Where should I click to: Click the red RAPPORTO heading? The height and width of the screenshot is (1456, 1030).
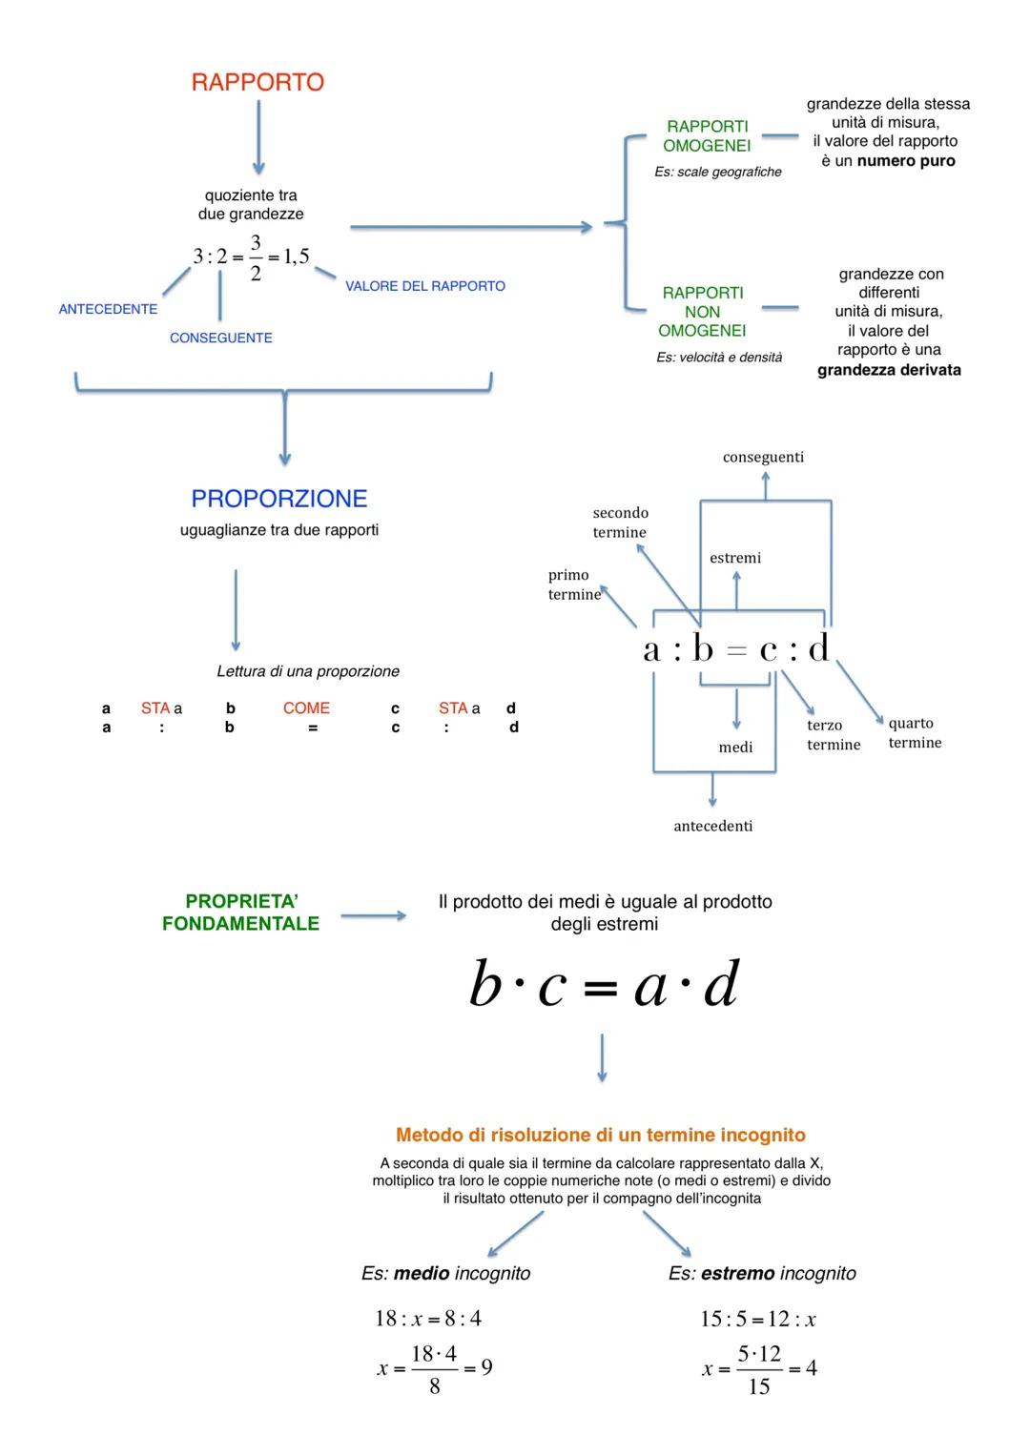click(x=257, y=83)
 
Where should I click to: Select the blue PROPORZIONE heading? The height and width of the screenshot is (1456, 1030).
click(x=278, y=499)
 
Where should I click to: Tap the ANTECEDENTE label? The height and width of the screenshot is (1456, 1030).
click(x=108, y=309)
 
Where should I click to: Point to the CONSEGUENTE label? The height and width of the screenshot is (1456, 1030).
click(x=220, y=338)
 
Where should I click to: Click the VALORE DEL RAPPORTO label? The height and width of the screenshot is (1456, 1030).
click(x=425, y=286)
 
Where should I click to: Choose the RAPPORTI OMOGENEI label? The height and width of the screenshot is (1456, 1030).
click(x=707, y=136)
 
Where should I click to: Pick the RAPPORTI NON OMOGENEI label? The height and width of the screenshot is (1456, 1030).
click(x=702, y=312)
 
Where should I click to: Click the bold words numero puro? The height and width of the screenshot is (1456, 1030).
click(x=906, y=161)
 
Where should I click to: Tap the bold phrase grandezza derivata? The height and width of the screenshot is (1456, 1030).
click(x=889, y=370)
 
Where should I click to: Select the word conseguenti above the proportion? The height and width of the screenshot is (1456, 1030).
click(x=763, y=457)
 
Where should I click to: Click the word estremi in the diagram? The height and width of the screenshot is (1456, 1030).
click(x=735, y=558)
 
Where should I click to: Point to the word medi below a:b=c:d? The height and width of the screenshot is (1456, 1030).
click(x=735, y=748)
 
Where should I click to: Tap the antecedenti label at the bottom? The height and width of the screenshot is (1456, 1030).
click(x=712, y=826)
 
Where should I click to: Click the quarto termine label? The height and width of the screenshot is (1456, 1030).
click(x=915, y=733)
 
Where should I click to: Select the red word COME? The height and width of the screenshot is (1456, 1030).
click(x=306, y=708)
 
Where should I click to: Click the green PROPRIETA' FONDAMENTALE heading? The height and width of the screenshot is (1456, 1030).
click(x=240, y=913)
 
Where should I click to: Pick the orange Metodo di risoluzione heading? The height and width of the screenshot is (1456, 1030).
click(x=601, y=1135)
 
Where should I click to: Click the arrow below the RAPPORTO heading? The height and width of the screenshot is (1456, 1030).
click(x=257, y=138)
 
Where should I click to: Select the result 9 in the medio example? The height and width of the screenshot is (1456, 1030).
click(x=486, y=1368)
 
